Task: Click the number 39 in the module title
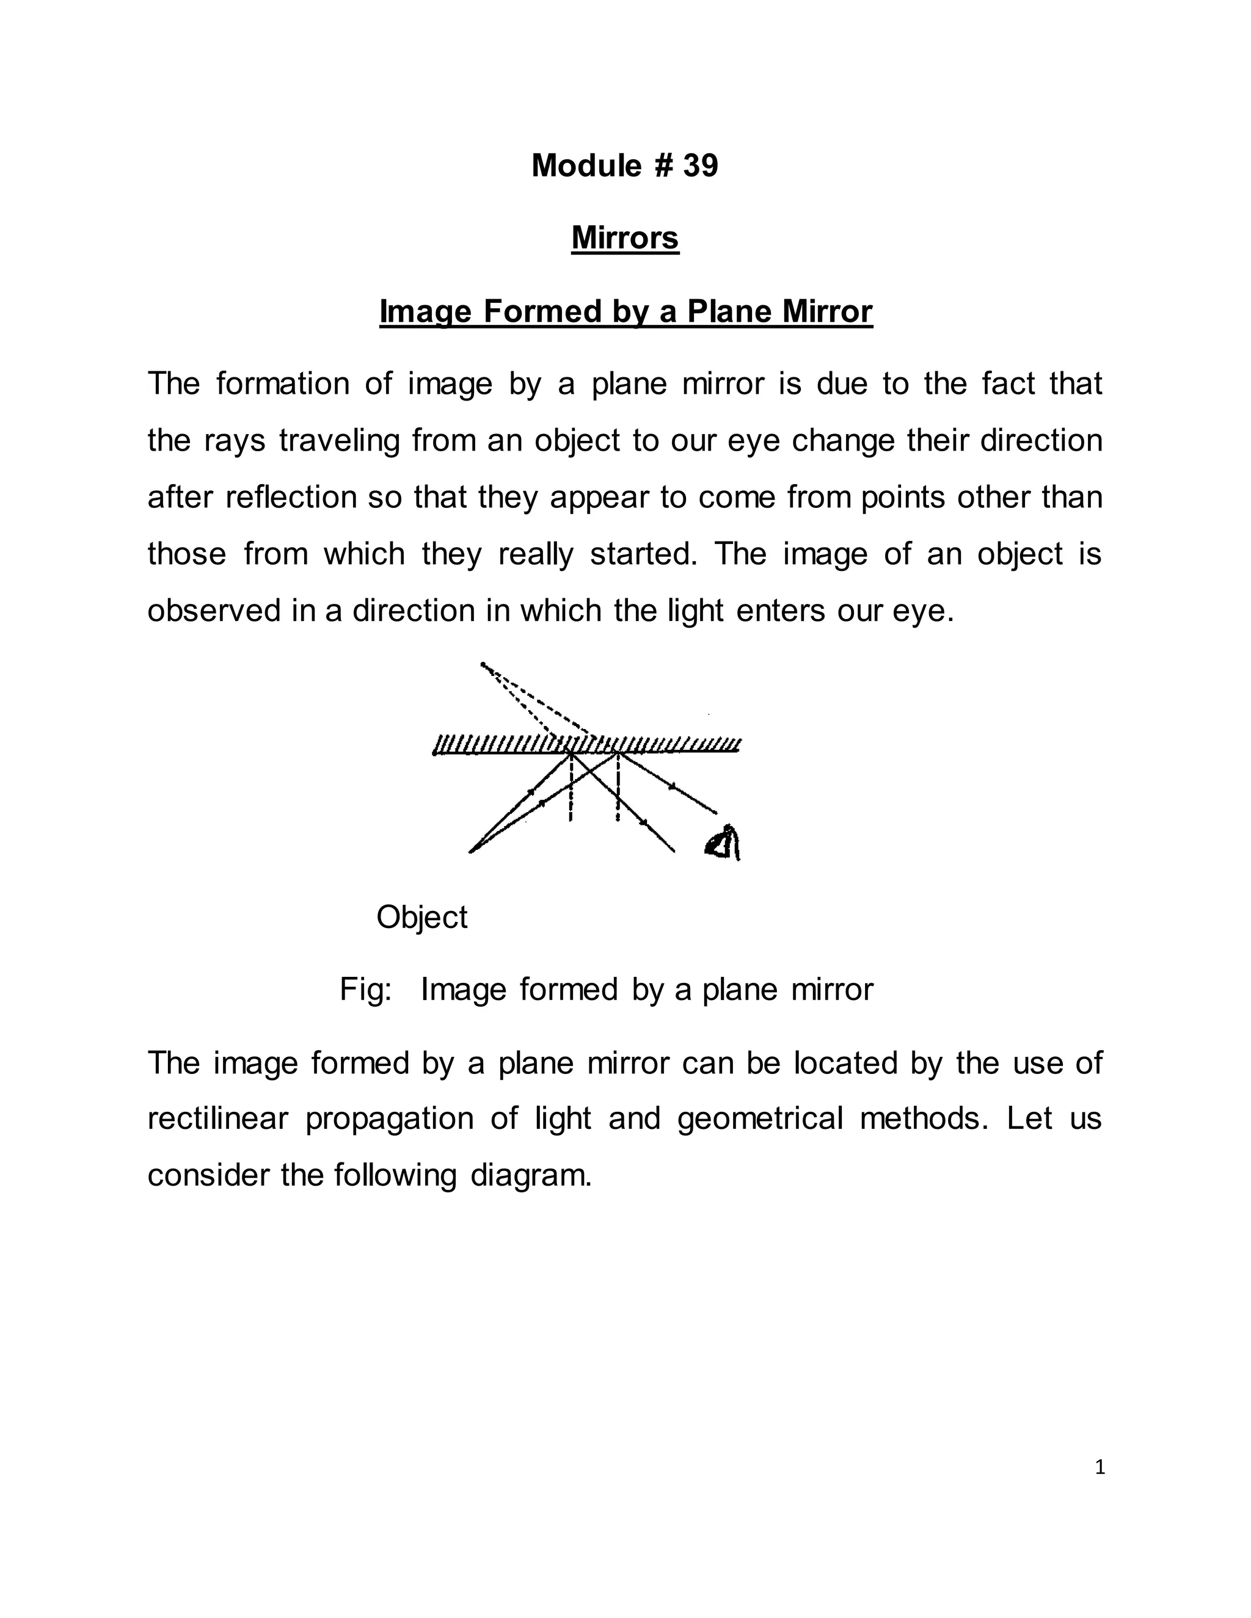tap(701, 165)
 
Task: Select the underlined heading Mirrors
tap(625, 238)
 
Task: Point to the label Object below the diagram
tap(421, 917)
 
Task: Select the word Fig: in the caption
tap(365, 990)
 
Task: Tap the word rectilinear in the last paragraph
tap(217, 1119)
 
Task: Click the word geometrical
tap(760, 1119)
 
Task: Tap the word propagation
tap(389, 1119)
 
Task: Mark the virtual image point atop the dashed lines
tap(483, 664)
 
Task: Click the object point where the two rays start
tap(472, 851)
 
